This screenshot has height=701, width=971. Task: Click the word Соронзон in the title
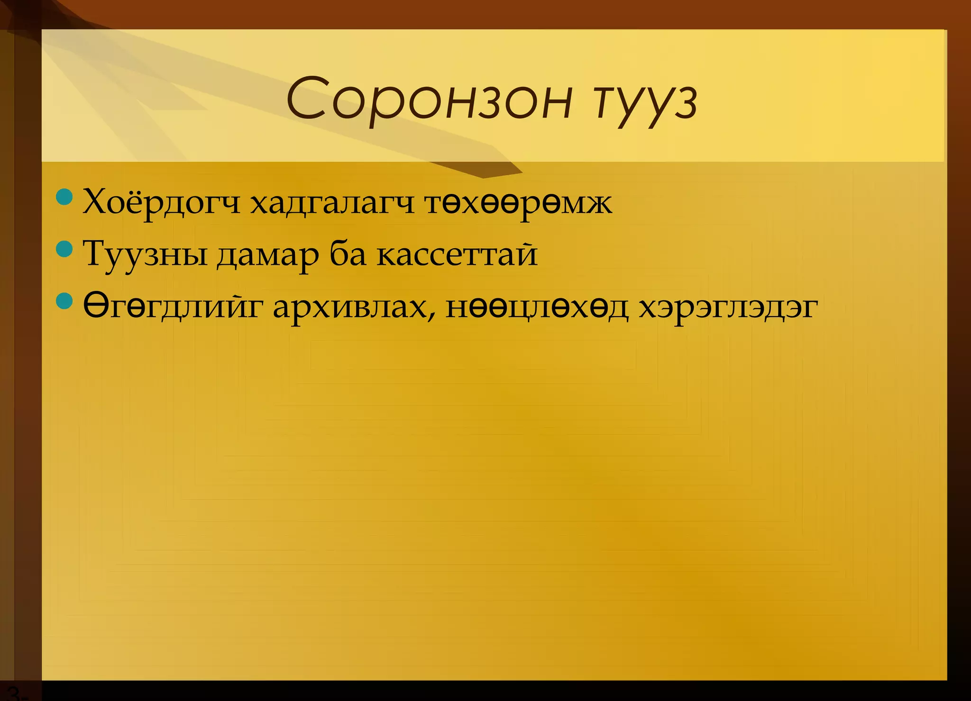tap(429, 100)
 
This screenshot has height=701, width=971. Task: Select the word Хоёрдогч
tap(161, 203)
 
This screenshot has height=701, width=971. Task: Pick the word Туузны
tap(145, 255)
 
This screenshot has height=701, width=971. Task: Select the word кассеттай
tap(457, 255)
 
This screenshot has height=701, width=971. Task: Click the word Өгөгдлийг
tap(173, 307)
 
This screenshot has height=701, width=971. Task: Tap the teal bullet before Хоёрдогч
tap(64, 197)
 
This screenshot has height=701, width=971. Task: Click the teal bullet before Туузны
tap(64, 248)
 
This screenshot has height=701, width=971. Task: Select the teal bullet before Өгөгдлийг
tap(64, 300)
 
